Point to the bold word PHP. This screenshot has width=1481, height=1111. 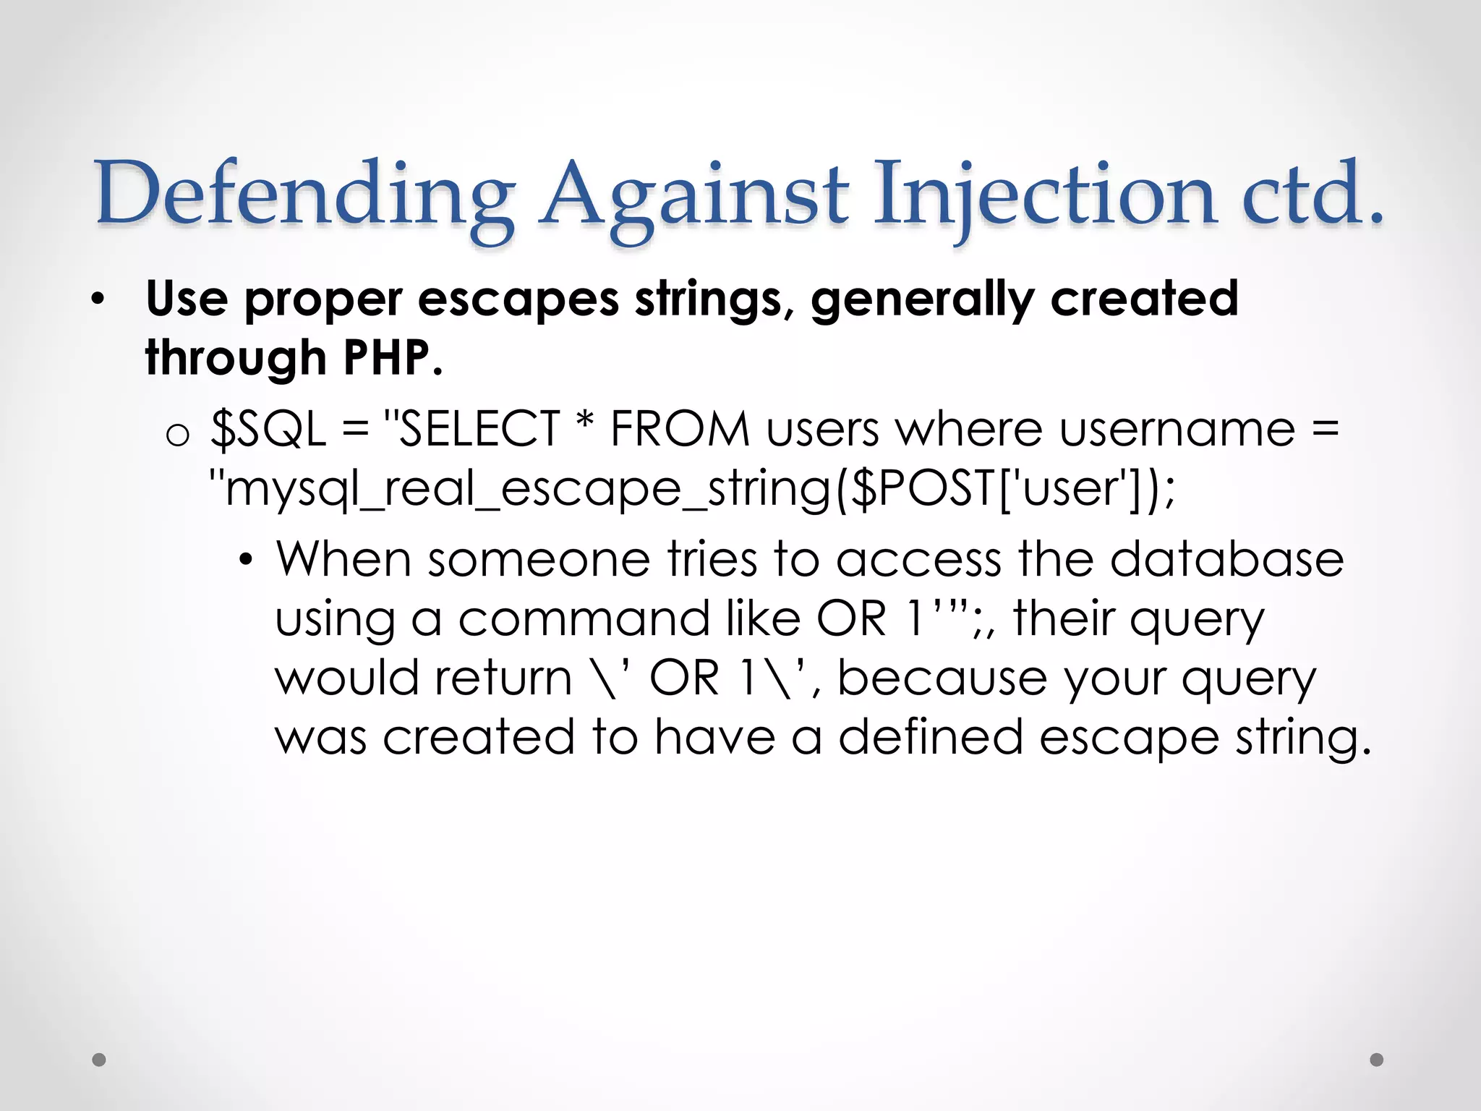pos(390,358)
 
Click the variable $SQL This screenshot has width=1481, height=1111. pos(268,429)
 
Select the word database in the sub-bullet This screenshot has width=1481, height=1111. pos(1226,559)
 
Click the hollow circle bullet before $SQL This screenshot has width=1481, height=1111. pos(178,434)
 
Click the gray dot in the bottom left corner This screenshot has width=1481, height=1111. pos(99,1060)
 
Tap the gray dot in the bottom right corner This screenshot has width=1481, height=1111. pos(1377,1060)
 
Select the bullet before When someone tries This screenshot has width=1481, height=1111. pos(247,561)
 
